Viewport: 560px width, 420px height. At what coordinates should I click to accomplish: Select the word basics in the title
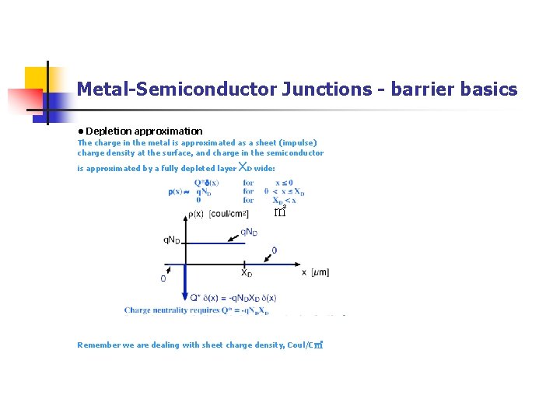click(x=488, y=89)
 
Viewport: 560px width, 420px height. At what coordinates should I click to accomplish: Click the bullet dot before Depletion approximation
click(x=80, y=131)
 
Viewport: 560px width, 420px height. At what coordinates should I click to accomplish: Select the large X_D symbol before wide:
click(x=244, y=167)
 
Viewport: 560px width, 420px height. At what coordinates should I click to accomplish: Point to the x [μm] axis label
click(x=315, y=272)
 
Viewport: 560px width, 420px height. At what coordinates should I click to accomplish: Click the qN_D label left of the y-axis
click(x=172, y=240)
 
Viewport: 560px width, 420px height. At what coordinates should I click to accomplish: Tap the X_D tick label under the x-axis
click(x=246, y=273)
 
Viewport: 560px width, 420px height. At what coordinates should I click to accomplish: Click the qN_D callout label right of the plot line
click(x=250, y=231)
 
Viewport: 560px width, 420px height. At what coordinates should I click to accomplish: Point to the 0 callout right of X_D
click(x=273, y=250)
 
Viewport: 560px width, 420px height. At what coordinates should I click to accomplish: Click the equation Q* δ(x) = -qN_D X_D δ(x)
click(x=233, y=298)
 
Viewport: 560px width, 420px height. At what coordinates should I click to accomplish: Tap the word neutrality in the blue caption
click(x=180, y=310)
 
